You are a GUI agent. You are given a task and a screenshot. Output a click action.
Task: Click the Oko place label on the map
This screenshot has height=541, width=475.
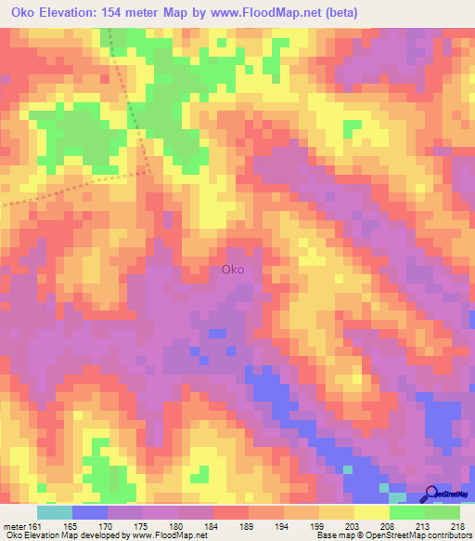pos(234,270)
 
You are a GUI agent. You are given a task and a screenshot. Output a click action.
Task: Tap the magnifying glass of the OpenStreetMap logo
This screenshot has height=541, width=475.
pos(430,493)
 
